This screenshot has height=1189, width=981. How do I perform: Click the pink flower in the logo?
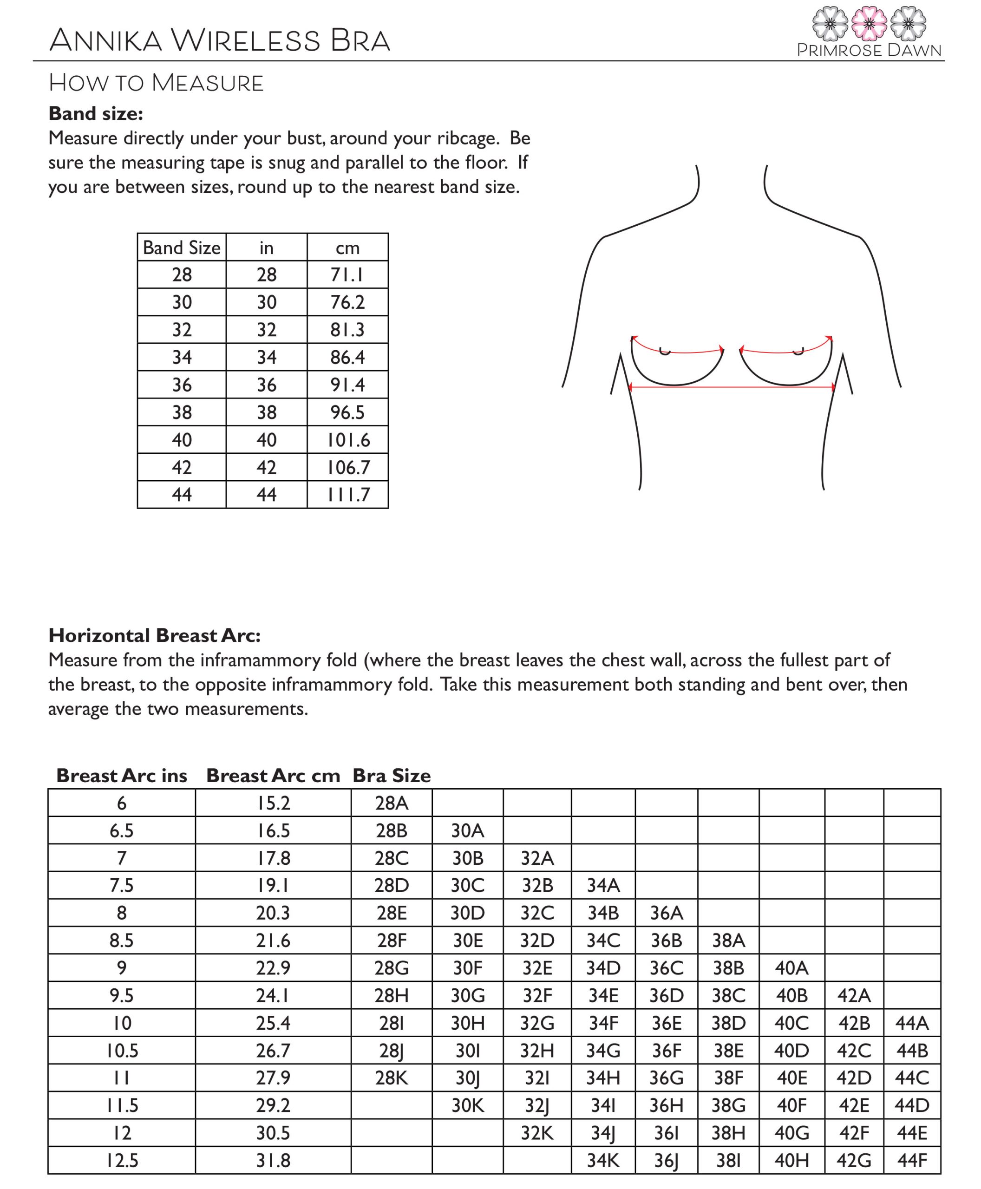tap(869, 23)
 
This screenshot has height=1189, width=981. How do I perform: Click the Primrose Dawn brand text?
tap(869, 50)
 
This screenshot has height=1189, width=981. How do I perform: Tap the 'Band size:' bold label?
tap(96, 114)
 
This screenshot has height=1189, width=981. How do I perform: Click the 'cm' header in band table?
tap(347, 248)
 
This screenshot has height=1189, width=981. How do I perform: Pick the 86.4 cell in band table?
tap(347, 357)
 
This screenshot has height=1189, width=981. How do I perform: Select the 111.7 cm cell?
tap(347, 495)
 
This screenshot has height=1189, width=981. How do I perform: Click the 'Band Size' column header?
tap(182, 248)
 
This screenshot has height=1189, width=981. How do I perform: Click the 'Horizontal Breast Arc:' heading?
tap(154, 635)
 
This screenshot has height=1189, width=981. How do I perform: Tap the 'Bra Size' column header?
tap(391, 775)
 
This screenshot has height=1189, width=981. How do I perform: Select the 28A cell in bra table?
tap(391, 803)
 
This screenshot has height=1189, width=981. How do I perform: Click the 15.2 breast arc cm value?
tap(273, 803)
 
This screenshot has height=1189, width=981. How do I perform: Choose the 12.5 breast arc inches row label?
tap(122, 1160)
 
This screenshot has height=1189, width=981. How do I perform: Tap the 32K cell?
tap(536, 1133)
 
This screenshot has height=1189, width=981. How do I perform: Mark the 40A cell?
tap(791, 968)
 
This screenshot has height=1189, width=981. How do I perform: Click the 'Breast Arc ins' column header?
tap(122, 775)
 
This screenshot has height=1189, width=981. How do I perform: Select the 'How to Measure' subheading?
tap(156, 83)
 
